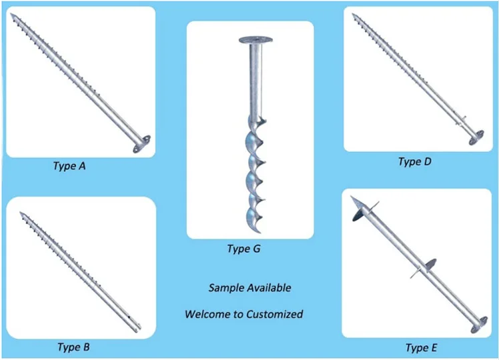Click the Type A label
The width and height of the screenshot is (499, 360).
69,166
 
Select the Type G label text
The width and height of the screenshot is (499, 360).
243,249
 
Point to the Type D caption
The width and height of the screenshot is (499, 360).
418,161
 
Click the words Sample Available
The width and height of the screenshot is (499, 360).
249,288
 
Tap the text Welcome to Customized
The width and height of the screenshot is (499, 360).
244,313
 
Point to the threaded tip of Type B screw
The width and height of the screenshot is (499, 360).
21,213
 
